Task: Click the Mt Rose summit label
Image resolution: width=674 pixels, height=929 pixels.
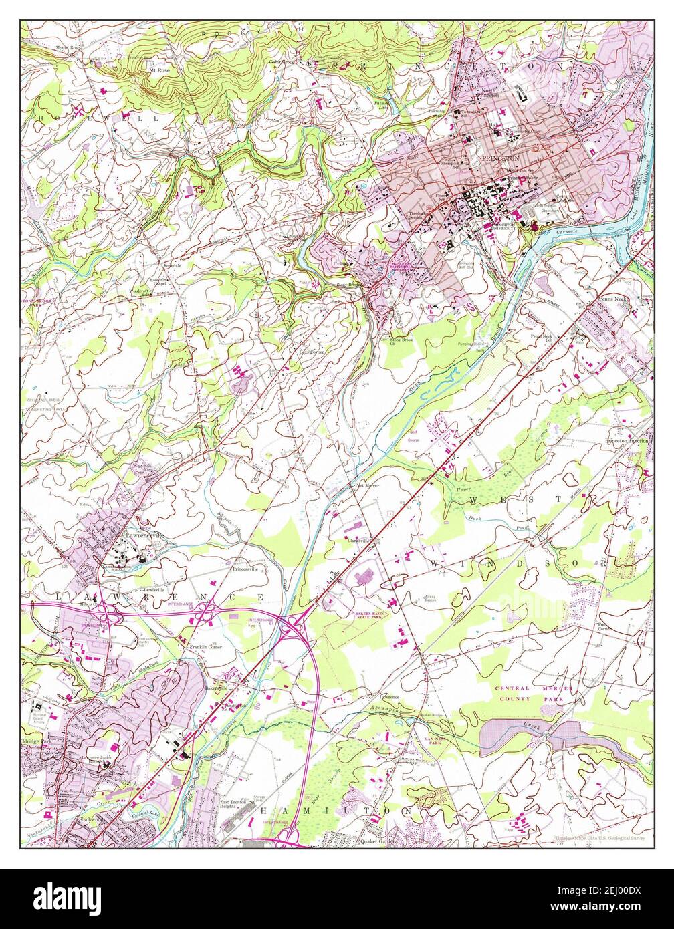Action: point(159,69)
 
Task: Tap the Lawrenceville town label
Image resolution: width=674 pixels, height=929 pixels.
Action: point(140,535)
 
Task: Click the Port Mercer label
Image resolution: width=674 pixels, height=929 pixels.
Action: point(367,485)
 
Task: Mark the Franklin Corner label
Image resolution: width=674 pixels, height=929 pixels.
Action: point(205,647)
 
